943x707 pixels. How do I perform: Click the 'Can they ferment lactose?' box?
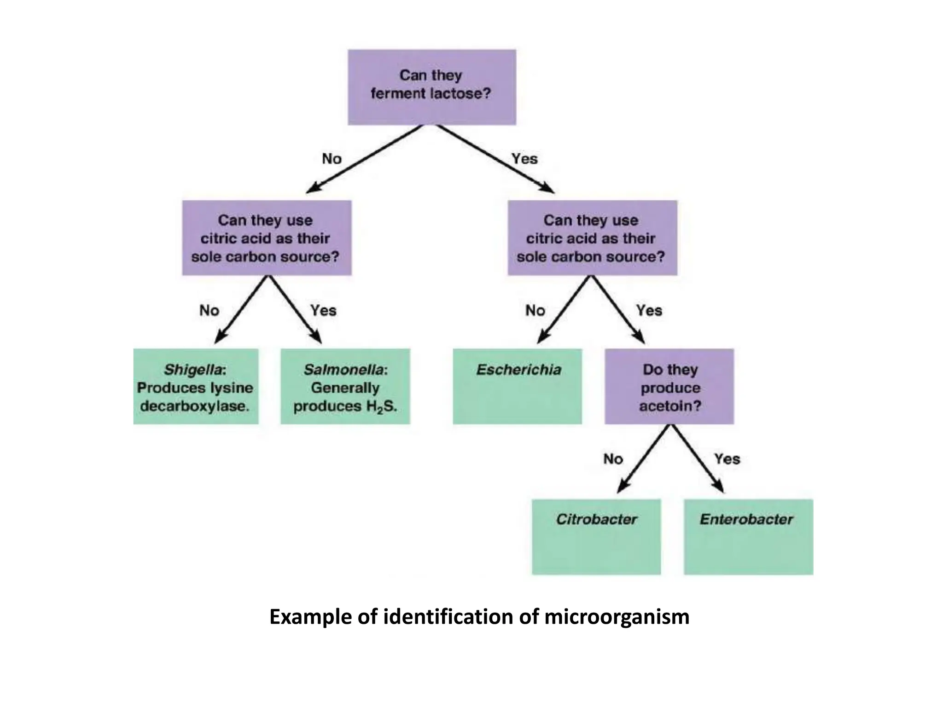431,87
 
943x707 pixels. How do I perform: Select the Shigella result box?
196,386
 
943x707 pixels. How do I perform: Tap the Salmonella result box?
345,386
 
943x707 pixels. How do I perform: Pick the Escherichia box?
517,386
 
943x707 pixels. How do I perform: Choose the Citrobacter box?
596,536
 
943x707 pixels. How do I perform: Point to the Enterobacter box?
748,536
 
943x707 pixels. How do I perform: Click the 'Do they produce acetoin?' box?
669,386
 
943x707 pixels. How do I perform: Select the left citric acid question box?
267,238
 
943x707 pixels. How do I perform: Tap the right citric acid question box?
592,238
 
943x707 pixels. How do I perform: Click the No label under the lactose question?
332,159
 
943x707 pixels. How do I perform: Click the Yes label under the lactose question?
524,159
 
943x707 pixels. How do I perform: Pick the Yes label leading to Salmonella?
323,311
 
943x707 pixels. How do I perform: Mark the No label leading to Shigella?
209,311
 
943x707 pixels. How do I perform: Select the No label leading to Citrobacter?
613,459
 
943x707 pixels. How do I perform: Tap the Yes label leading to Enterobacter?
727,459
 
